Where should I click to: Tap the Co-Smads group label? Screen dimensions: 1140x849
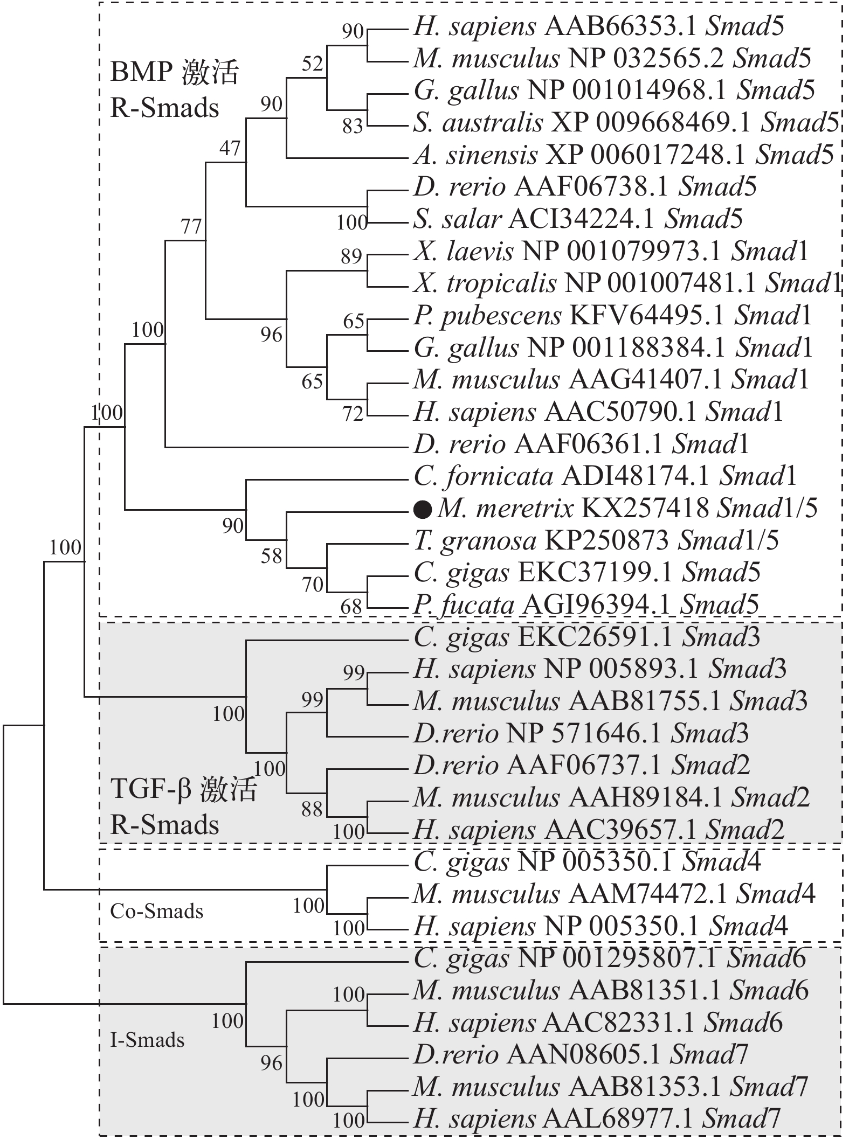pyautogui.click(x=157, y=911)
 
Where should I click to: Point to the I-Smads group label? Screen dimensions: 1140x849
pyautogui.click(x=147, y=1039)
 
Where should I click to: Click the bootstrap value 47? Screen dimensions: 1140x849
pyautogui.click(x=230, y=148)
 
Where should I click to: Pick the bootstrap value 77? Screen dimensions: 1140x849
pyautogui.click(x=191, y=227)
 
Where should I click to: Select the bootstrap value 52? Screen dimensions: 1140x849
pyautogui.click(x=312, y=64)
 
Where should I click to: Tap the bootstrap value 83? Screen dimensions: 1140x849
pyautogui.click(x=353, y=126)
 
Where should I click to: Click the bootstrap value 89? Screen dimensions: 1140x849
pyautogui.click(x=351, y=256)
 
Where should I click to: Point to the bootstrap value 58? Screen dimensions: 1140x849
pyautogui.click(x=271, y=556)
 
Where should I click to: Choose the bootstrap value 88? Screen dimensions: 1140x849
pyautogui.click(x=312, y=809)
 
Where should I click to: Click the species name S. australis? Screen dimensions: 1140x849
pyautogui.click(x=478, y=123)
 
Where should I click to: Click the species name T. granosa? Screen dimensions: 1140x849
pyautogui.click(x=475, y=540)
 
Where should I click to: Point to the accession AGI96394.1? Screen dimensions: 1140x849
pyautogui.click(x=596, y=604)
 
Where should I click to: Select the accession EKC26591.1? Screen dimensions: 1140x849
pyautogui.click(x=595, y=637)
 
